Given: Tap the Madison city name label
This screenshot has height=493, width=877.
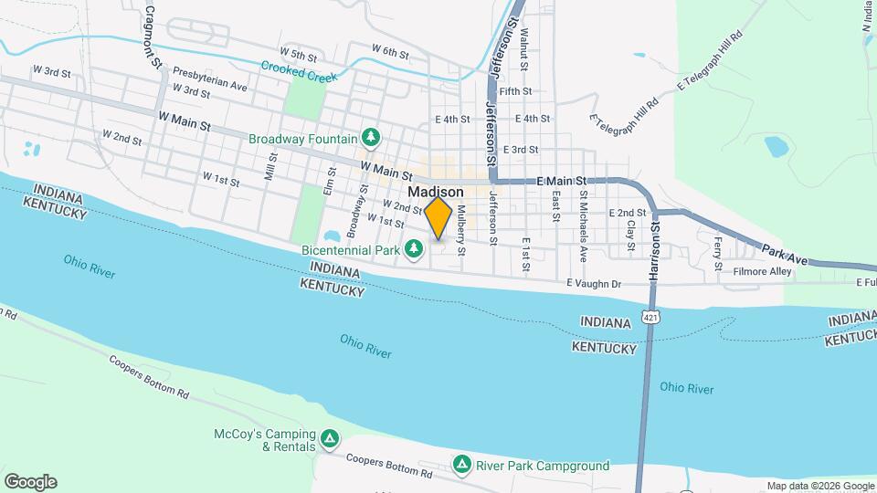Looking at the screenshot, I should (x=436, y=193).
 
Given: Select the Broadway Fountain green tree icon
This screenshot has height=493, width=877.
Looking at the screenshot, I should (x=371, y=138).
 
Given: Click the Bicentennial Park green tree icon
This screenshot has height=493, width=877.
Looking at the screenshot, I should (x=414, y=248).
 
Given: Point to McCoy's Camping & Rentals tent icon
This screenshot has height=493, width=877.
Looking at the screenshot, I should (x=329, y=441).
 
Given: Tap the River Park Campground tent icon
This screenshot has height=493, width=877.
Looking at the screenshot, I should (x=462, y=466).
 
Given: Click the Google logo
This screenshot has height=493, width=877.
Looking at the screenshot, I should (x=30, y=481).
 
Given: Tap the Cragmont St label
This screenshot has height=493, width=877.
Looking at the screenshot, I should (x=153, y=37).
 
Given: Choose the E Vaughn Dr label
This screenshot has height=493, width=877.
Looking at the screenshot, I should (x=594, y=285).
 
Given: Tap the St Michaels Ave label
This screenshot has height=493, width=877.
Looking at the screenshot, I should (x=583, y=219).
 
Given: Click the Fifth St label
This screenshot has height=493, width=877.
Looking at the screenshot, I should (x=515, y=91).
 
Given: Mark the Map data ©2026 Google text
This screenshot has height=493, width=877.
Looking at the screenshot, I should (x=820, y=486).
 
